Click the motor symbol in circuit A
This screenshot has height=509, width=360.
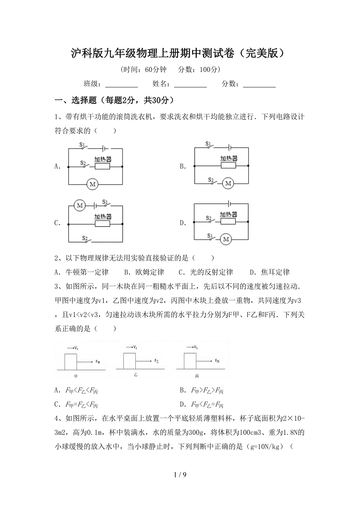92,184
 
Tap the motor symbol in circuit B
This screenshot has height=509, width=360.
228,183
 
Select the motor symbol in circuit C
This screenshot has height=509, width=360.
80,205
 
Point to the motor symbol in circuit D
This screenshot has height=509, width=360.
225,239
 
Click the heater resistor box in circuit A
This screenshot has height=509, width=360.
103,166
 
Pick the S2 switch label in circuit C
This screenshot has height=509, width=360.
85,237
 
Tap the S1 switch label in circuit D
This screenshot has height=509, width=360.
210,236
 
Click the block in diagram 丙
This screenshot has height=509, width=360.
190,361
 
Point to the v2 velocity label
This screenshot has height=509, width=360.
135,347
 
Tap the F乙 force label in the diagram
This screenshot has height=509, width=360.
157,361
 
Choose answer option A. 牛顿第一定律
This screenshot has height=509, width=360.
82,272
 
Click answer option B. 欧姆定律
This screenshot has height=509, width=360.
144,272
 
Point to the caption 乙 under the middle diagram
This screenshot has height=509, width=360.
136,374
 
